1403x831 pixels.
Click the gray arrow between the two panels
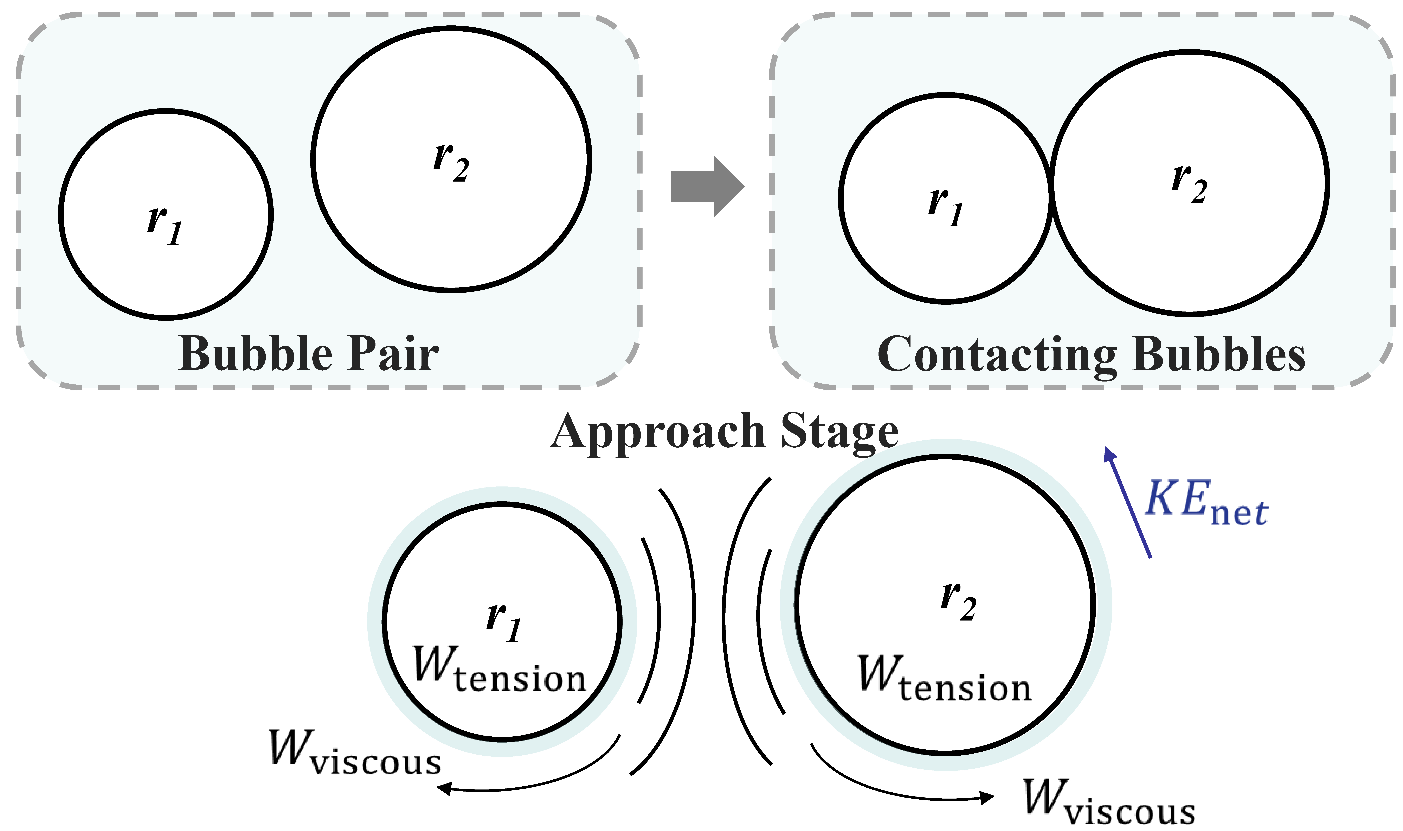point(707,187)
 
